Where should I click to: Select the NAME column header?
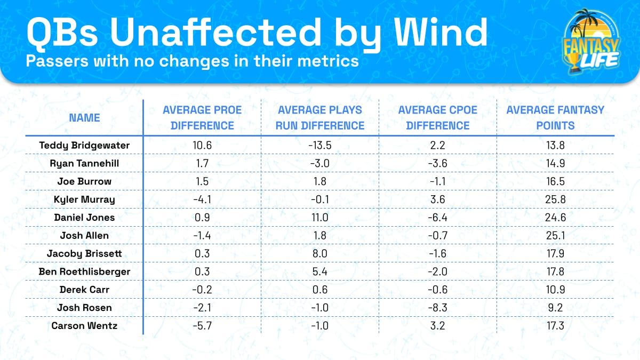point(84,117)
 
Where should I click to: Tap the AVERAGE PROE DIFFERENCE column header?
point(202,118)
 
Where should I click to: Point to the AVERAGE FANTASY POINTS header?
point(555,118)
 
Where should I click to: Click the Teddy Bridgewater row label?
point(84,145)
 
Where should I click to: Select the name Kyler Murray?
point(84,199)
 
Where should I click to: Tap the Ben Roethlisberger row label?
point(84,271)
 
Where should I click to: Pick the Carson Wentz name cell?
point(84,326)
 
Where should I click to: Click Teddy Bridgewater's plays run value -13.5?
point(319,145)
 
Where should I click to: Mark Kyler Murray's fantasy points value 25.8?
point(555,199)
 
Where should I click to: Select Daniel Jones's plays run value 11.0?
point(319,218)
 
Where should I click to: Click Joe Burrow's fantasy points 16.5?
point(555,181)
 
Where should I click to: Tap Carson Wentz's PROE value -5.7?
point(202,326)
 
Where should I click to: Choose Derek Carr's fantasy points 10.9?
point(555,290)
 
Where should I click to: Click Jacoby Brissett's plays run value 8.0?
point(319,254)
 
